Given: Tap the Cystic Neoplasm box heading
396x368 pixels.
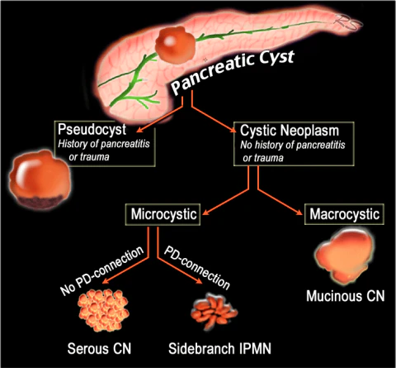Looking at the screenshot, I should tap(288, 130).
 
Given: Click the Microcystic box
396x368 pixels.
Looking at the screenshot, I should tap(164, 215).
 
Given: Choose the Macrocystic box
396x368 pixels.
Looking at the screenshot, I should tap(345, 215).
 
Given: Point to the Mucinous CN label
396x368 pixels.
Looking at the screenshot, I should tap(344, 294).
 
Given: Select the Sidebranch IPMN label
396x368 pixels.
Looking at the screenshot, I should tap(221, 346).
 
